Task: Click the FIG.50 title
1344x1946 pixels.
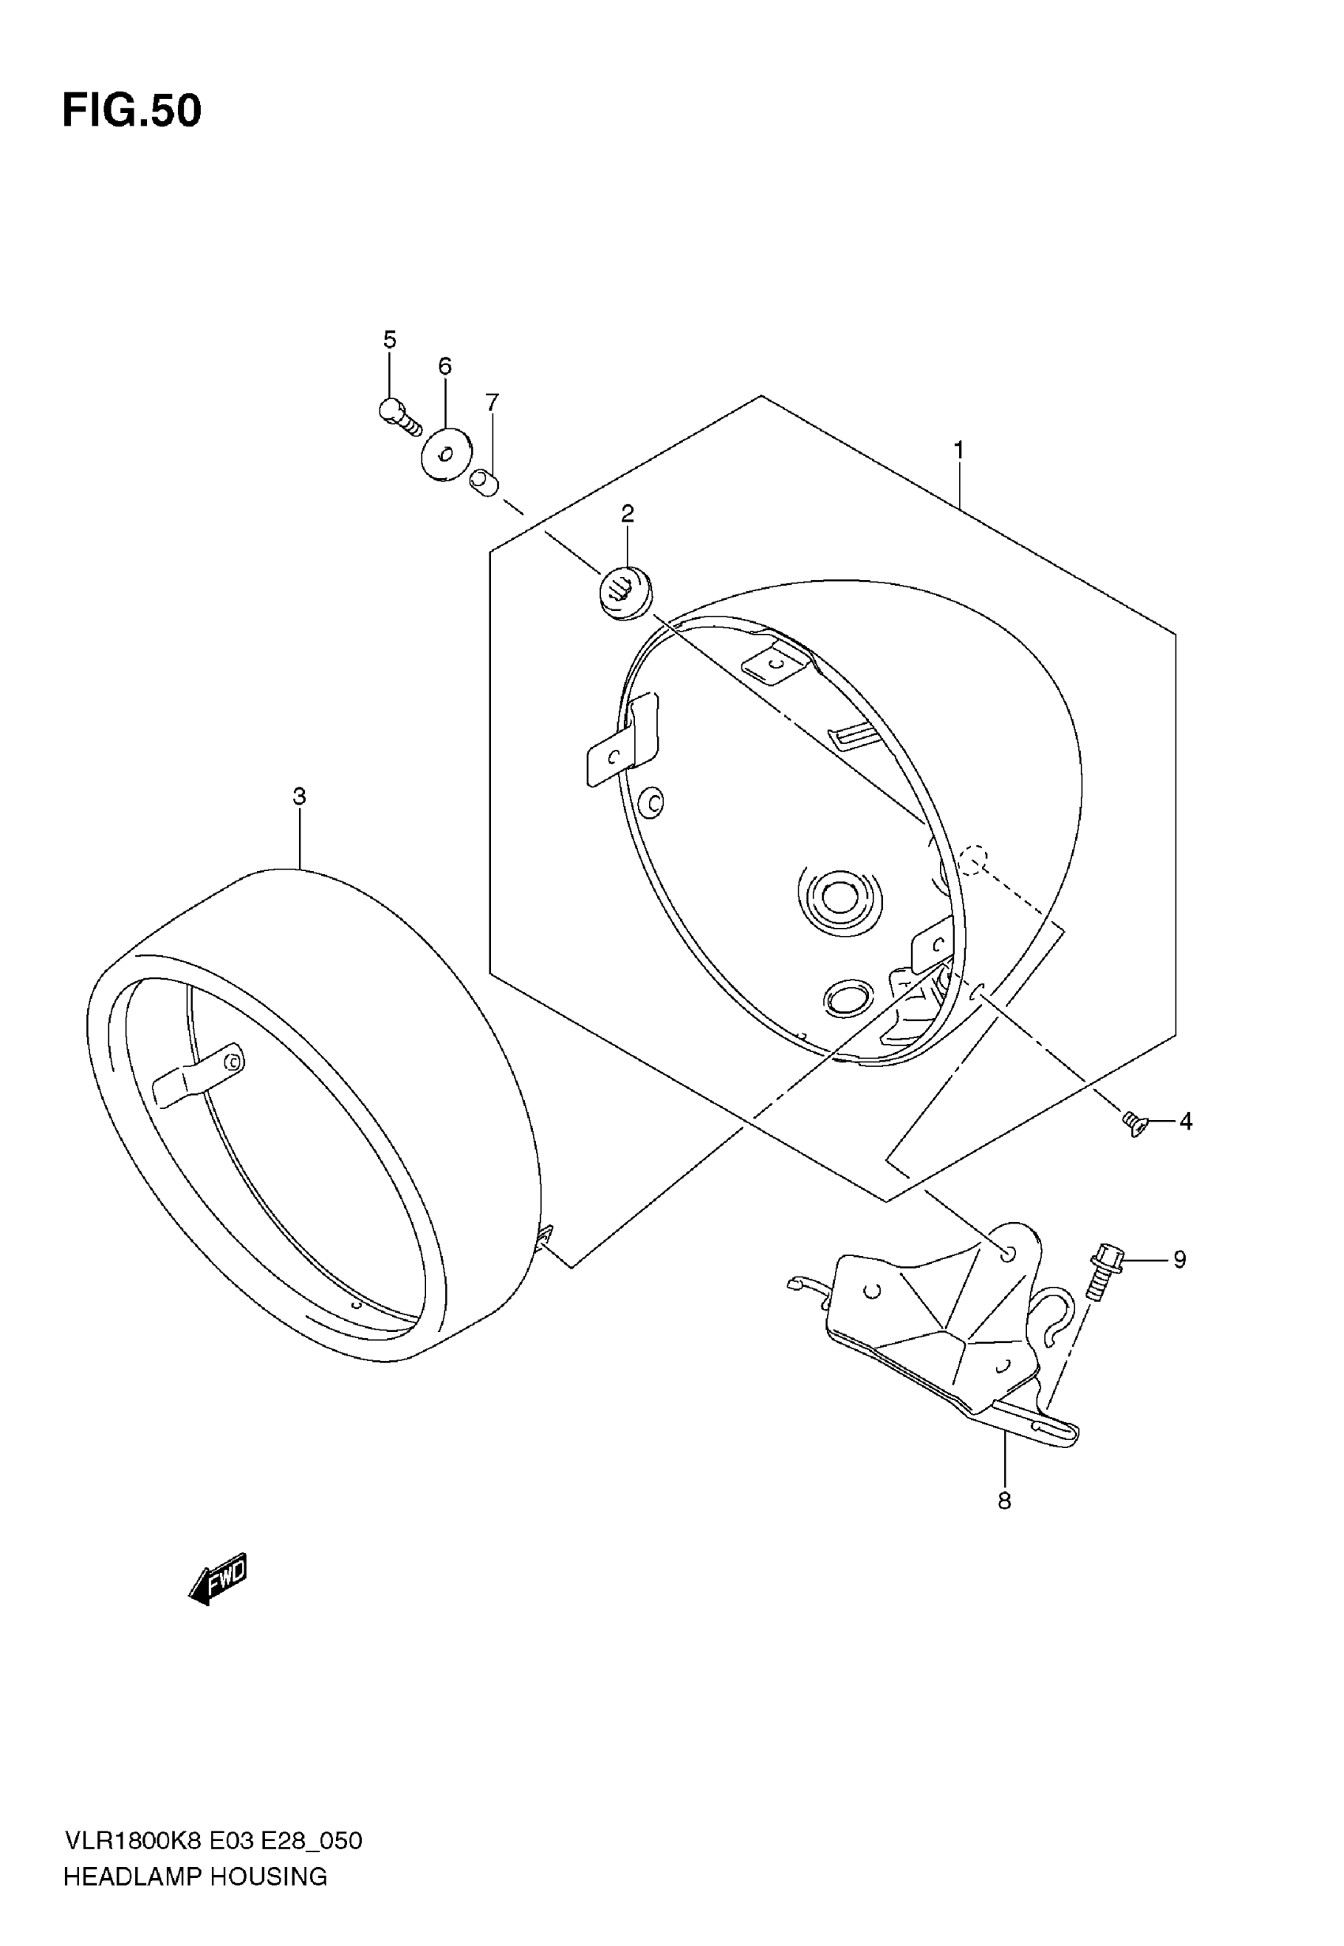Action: [132, 111]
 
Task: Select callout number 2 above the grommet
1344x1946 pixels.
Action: [628, 514]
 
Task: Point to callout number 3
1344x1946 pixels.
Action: [299, 795]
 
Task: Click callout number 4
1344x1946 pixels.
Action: [1186, 1121]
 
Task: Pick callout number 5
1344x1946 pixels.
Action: [389, 339]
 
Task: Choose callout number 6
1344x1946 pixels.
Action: [444, 366]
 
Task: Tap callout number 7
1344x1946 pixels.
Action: [493, 402]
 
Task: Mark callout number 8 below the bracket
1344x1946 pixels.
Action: [1004, 1501]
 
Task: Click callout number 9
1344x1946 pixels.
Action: [1180, 1259]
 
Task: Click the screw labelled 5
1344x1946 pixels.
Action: [399, 416]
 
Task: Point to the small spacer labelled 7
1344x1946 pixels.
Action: [484, 484]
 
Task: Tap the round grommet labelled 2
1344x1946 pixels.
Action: [625, 593]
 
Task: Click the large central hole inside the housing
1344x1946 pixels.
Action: [839, 897]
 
